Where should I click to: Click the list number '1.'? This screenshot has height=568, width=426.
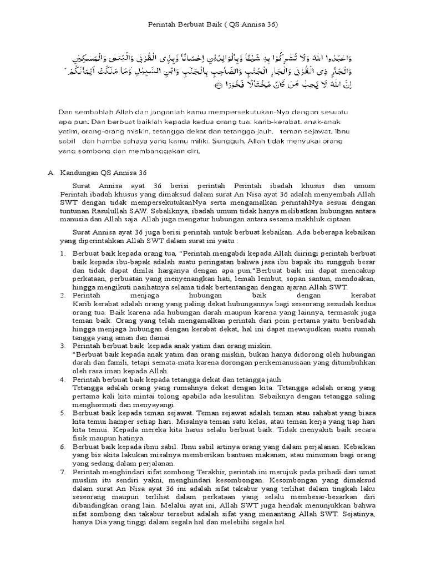[x=62, y=253]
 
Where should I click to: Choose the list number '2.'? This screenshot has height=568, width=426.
[x=62, y=296]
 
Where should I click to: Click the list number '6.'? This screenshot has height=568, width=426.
[x=62, y=446]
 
